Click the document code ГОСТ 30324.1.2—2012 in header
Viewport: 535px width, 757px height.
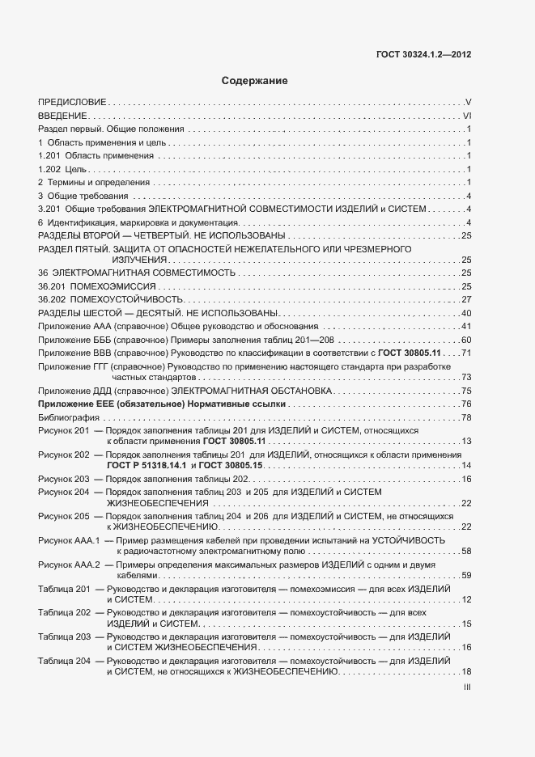423,56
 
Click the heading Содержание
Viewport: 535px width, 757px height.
255,81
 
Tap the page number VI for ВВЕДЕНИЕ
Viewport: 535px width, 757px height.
466,116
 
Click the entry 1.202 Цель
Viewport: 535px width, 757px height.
62,169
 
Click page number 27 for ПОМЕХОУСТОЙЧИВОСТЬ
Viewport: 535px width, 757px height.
466,300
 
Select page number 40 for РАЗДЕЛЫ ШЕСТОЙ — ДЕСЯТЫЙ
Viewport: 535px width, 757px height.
466,313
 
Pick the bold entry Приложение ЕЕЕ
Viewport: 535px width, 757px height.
82,404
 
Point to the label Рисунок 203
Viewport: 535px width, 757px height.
63,480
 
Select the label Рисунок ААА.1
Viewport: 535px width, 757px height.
69,540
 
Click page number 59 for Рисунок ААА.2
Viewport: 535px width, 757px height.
466,575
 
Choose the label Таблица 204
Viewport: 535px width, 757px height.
64,662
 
